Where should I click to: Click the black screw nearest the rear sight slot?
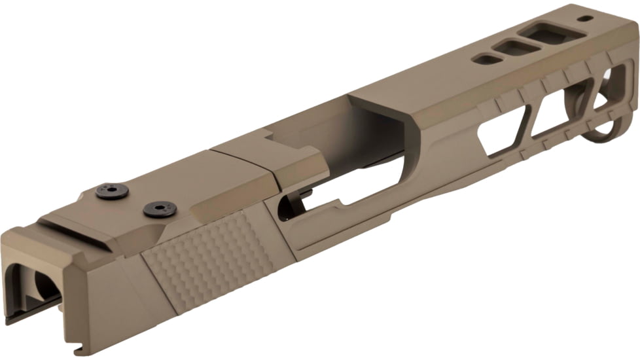[x=111, y=191]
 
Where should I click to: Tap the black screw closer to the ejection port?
[x=160, y=209]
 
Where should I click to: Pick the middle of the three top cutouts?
[x=516, y=47]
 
